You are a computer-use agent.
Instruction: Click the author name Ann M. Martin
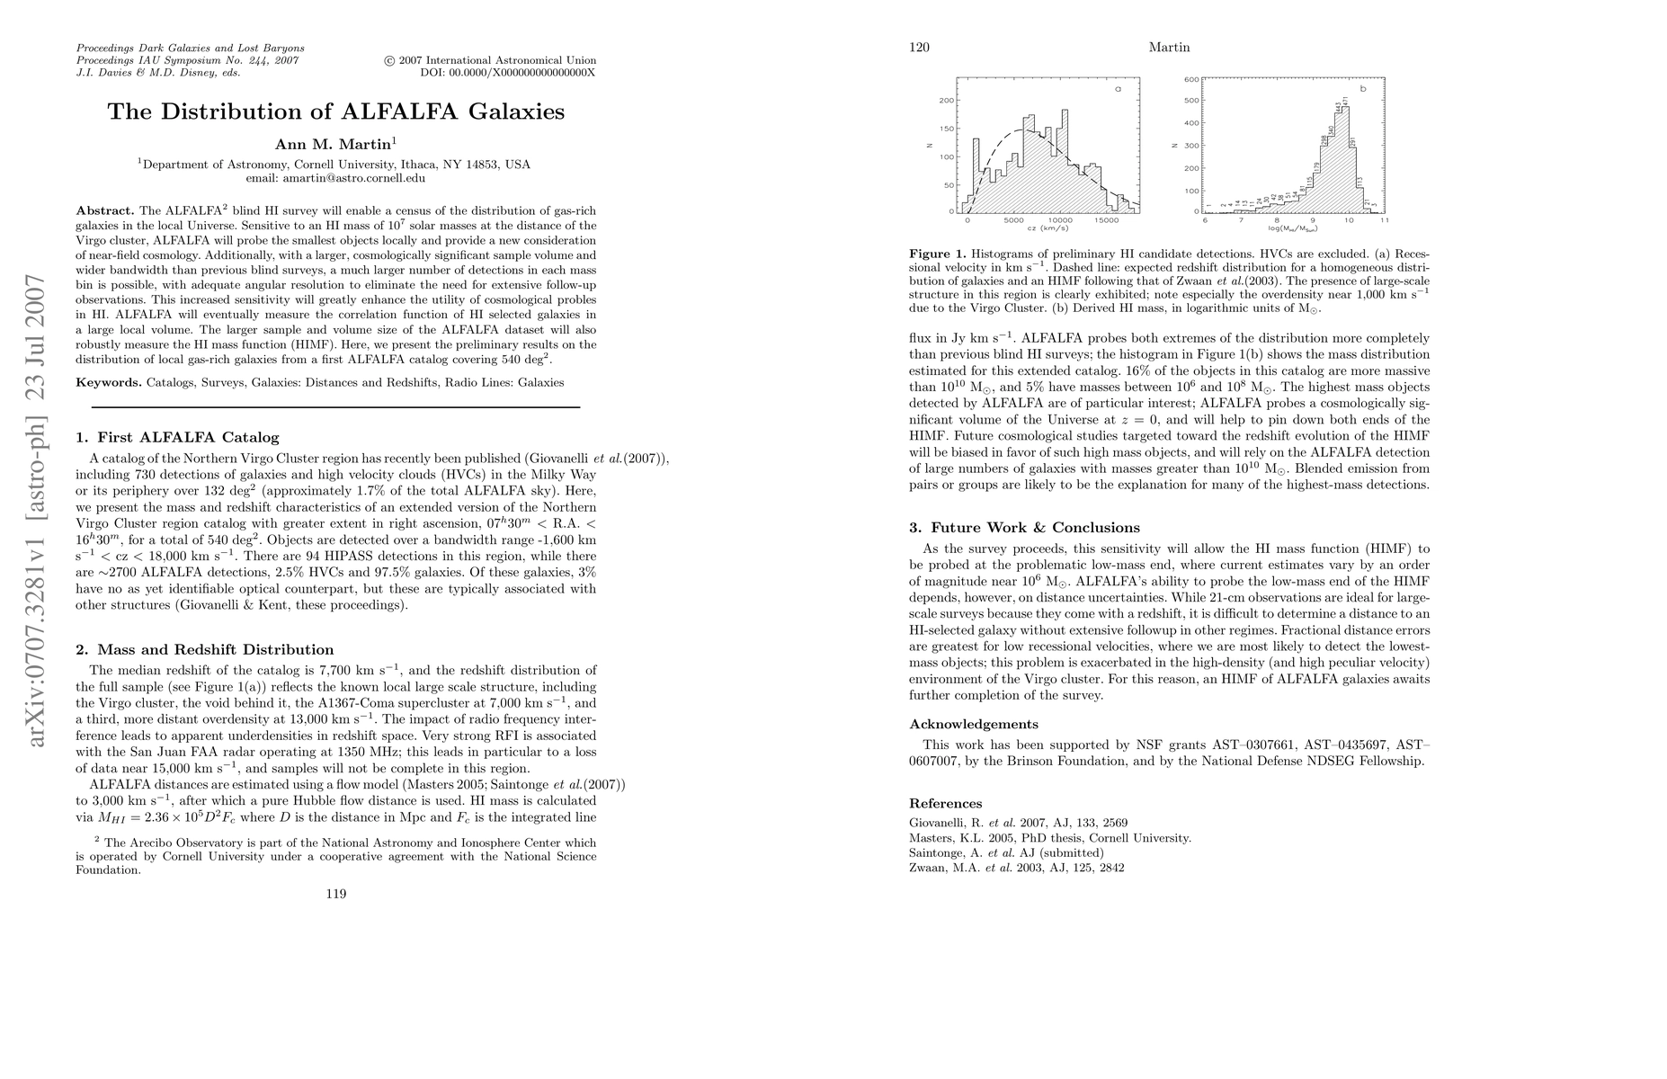click(x=334, y=144)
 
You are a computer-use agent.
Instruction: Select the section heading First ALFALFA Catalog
click(x=188, y=438)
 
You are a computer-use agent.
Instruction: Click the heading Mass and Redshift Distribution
click(x=215, y=650)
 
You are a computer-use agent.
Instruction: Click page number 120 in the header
click(x=919, y=48)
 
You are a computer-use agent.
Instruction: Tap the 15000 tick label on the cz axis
click(x=1108, y=220)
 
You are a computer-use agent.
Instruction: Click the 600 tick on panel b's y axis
click(x=1191, y=79)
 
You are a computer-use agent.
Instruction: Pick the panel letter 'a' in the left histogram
click(x=1119, y=90)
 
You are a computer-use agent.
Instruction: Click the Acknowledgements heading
click(x=974, y=725)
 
